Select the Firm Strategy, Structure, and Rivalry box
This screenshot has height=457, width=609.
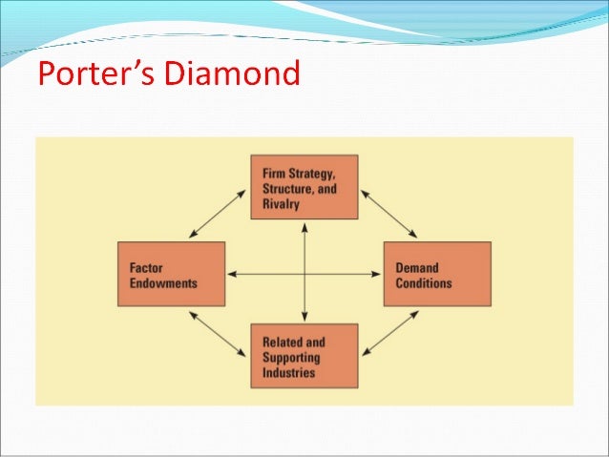point(304,187)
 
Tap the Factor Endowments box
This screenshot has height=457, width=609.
point(171,274)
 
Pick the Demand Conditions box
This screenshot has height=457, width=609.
point(437,274)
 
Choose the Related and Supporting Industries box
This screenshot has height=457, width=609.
point(304,356)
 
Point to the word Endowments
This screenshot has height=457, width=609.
point(163,283)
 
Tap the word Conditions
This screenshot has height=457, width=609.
point(424,283)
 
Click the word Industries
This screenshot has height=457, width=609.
point(286,372)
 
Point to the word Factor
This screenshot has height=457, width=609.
point(146,268)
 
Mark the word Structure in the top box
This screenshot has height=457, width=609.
point(285,188)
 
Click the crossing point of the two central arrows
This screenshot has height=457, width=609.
point(304,275)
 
